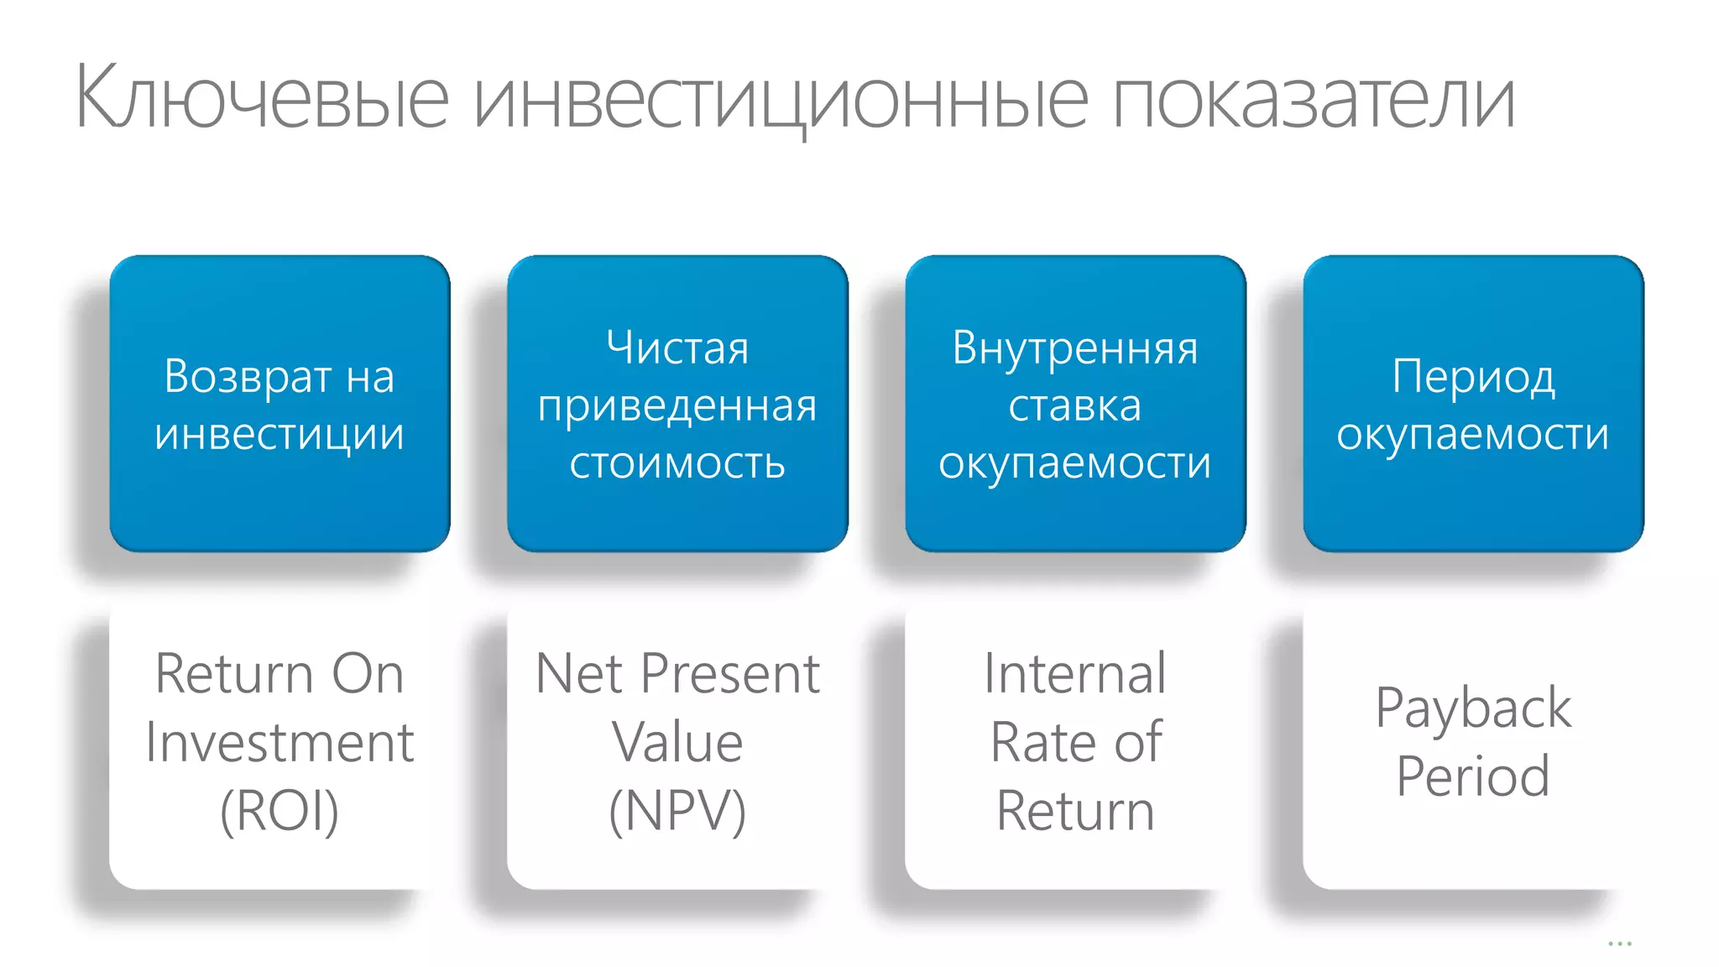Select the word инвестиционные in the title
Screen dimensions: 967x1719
[x=781, y=99]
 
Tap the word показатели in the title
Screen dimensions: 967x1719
[x=1314, y=99]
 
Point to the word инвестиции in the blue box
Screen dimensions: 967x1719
[x=280, y=434]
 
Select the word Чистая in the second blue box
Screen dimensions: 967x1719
[x=677, y=348]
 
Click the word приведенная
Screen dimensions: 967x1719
[x=677, y=405]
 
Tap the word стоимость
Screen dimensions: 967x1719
[x=677, y=463]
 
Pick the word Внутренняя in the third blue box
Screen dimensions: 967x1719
[x=1075, y=348]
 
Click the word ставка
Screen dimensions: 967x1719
[x=1075, y=405]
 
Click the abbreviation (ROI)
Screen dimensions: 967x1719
[x=280, y=811]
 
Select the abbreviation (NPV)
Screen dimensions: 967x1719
[x=677, y=811]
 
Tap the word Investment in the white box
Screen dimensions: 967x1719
[x=280, y=742]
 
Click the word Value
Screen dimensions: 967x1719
[x=677, y=742]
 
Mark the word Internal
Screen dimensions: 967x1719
[x=1075, y=673]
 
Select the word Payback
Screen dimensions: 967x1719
[x=1473, y=708]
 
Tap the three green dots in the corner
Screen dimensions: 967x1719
[x=1619, y=943]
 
